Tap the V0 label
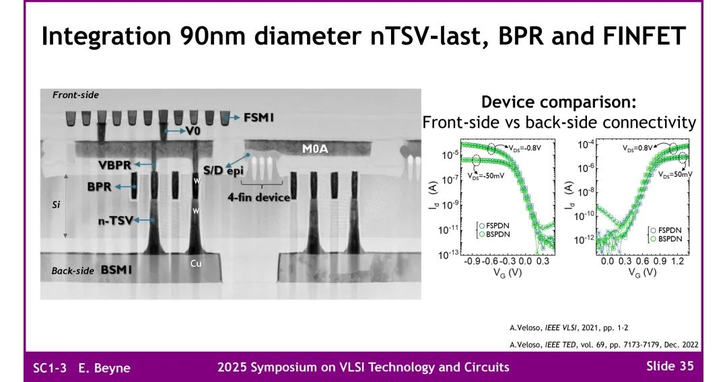[x=194, y=130]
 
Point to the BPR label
[x=99, y=186]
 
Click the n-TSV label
[x=114, y=219]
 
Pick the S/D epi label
[x=222, y=170]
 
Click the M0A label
[x=314, y=148]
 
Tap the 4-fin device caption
[x=258, y=197]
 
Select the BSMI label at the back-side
[x=116, y=270]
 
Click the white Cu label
[x=196, y=264]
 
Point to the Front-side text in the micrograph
[x=75, y=95]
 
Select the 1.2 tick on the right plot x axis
[x=679, y=260]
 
